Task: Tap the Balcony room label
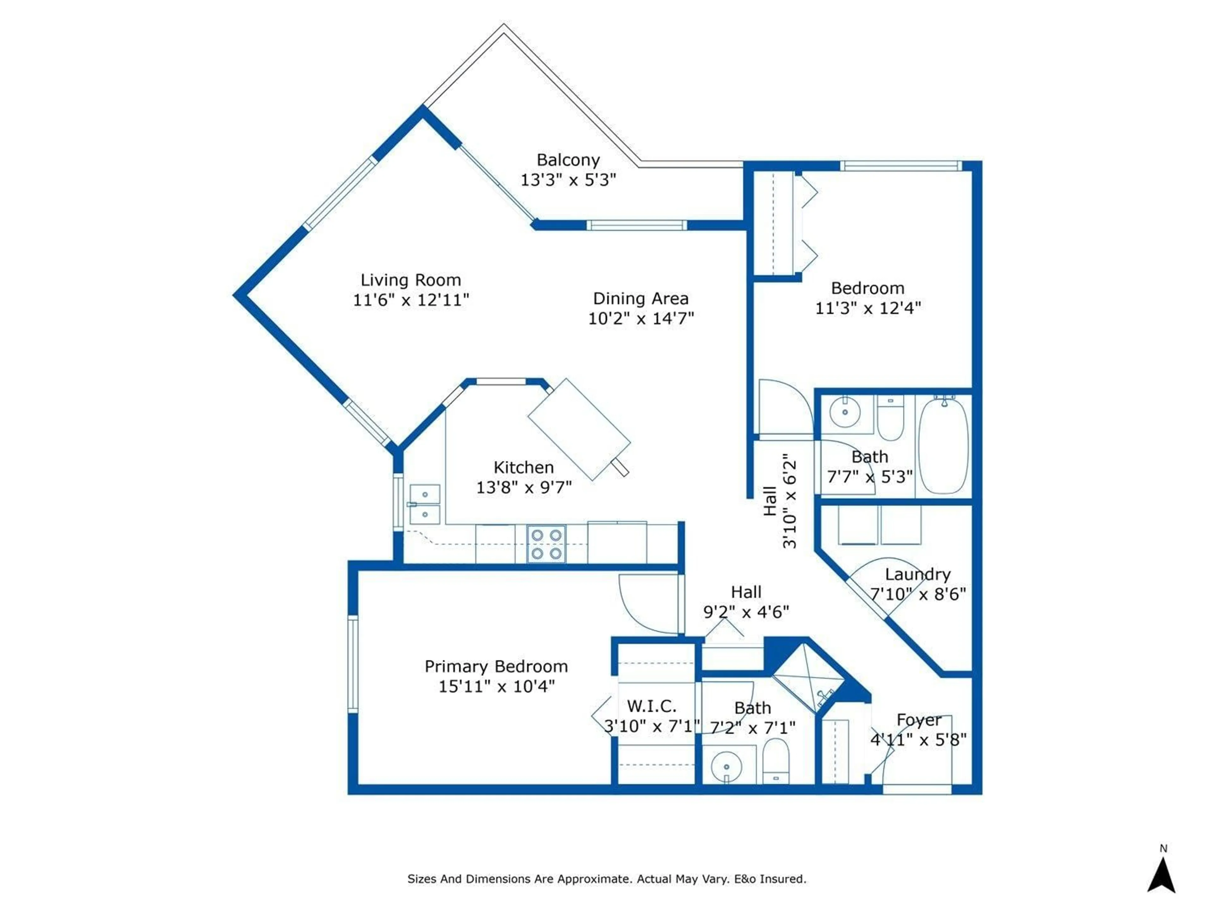(568, 160)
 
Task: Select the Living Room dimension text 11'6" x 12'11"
(411, 300)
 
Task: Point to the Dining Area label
(641, 299)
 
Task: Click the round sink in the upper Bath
(845, 412)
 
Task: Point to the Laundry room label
(918, 575)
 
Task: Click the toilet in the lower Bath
(776, 761)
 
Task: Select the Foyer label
(919, 720)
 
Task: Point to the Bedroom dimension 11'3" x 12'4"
(868, 309)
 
